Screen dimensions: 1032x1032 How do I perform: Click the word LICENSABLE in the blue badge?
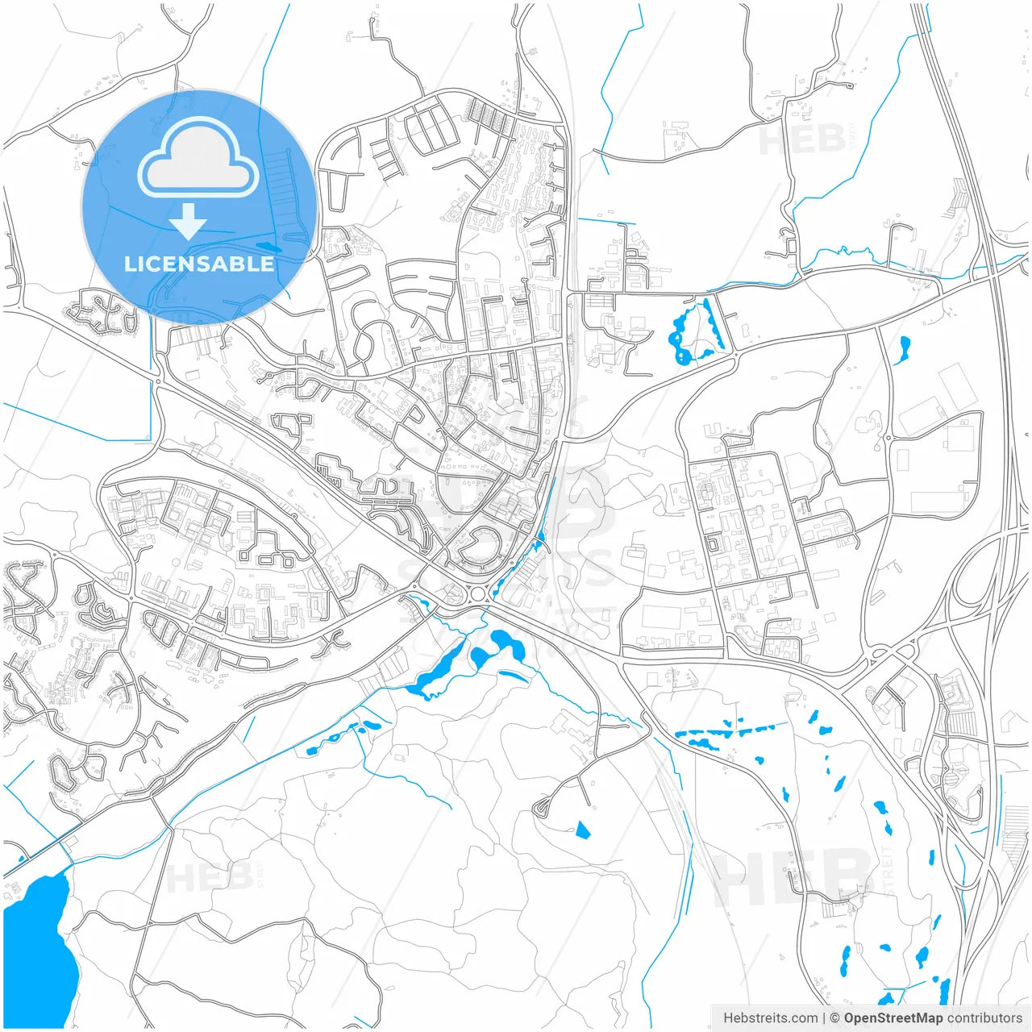[x=198, y=264]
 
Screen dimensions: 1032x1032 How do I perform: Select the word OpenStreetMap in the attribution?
[x=893, y=1017]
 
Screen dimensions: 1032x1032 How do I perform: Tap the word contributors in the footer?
[x=984, y=1017]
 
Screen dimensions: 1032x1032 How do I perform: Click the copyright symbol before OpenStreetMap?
[x=834, y=1017]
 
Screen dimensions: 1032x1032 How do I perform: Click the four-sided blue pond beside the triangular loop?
[x=582, y=829]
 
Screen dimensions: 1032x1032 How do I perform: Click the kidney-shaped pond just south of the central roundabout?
[x=508, y=643]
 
